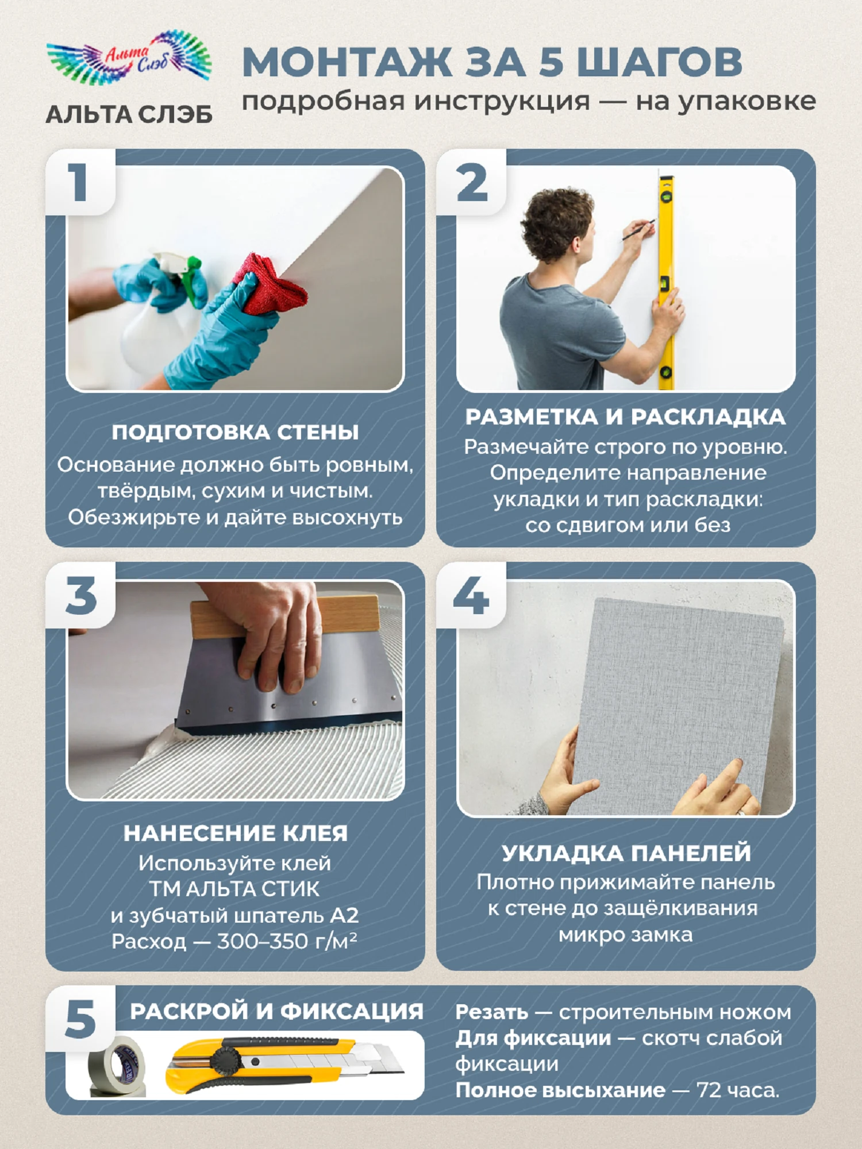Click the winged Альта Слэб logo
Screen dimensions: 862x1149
pyautogui.click(x=129, y=57)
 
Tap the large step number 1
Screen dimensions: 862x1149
pyautogui.click(x=79, y=183)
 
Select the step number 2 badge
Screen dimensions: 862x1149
pyautogui.click(x=472, y=183)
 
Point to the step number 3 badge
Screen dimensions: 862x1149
pyautogui.click(x=81, y=596)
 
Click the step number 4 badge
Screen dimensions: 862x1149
pyautogui.click(x=471, y=596)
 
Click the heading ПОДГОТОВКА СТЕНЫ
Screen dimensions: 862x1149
pyautogui.click(x=236, y=432)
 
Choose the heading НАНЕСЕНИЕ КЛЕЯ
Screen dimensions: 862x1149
pyautogui.click(x=236, y=833)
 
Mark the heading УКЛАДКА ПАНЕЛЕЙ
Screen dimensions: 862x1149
pyautogui.click(x=626, y=853)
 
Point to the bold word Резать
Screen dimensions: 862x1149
pyautogui.click(x=492, y=1012)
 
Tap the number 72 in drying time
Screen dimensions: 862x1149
pyautogui.click(x=710, y=1090)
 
